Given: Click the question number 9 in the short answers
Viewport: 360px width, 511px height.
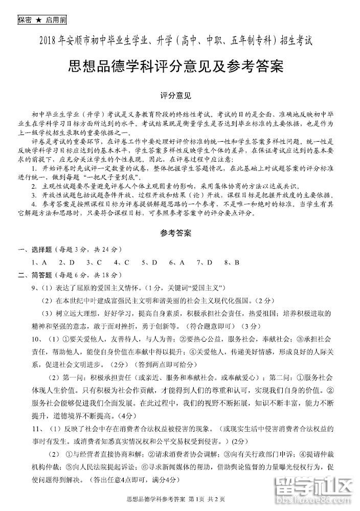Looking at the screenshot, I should point(34,288).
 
